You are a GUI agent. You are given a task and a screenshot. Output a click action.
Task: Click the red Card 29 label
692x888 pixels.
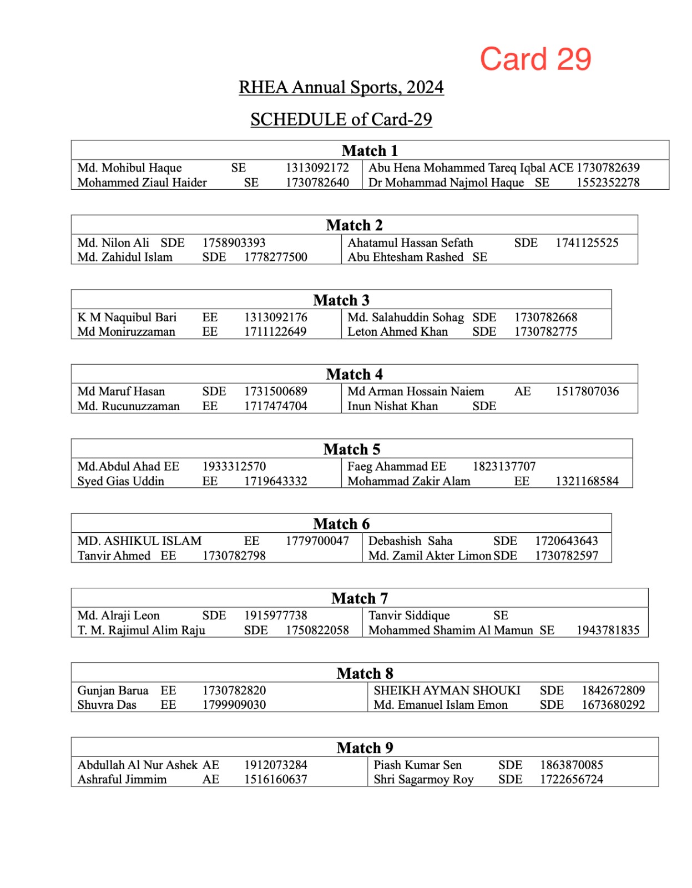click(535, 59)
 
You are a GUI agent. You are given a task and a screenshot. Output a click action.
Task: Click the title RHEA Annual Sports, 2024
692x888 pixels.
click(341, 87)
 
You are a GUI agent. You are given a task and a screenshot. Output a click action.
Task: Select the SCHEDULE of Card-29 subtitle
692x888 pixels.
click(341, 119)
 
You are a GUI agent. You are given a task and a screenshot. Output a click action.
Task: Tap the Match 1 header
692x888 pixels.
click(370, 150)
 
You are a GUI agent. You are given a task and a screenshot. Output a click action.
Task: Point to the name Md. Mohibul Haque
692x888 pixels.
click(129, 168)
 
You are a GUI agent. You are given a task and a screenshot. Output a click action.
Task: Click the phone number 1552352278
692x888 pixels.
click(608, 183)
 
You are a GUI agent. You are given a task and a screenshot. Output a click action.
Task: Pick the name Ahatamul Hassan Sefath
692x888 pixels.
click(410, 243)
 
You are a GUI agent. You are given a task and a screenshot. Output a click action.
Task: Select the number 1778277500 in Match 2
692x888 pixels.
click(275, 257)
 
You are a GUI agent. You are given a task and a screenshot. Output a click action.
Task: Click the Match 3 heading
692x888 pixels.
click(341, 300)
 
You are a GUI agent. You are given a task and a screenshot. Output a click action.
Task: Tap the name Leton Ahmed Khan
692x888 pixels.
click(397, 332)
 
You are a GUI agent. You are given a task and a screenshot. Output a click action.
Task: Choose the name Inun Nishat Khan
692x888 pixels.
click(392, 406)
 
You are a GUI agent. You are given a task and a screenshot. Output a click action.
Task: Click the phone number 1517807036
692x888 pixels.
click(587, 391)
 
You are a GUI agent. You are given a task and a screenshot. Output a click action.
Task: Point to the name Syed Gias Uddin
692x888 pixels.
click(120, 481)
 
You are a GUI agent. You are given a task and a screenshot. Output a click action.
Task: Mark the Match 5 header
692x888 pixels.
click(352, 449)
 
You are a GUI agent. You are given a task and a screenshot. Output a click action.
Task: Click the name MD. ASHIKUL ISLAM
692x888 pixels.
click(139, 541)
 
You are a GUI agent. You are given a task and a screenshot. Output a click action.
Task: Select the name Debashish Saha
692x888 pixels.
click(410, 541)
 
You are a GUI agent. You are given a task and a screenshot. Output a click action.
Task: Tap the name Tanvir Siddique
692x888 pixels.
click(409, 615)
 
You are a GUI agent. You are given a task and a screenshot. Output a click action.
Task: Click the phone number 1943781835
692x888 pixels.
click(608, 630)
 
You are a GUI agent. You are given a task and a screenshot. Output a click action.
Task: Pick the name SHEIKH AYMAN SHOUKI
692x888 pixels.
click(447, 690)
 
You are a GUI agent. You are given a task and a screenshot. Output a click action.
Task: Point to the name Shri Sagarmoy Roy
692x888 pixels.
click(423, 779)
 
